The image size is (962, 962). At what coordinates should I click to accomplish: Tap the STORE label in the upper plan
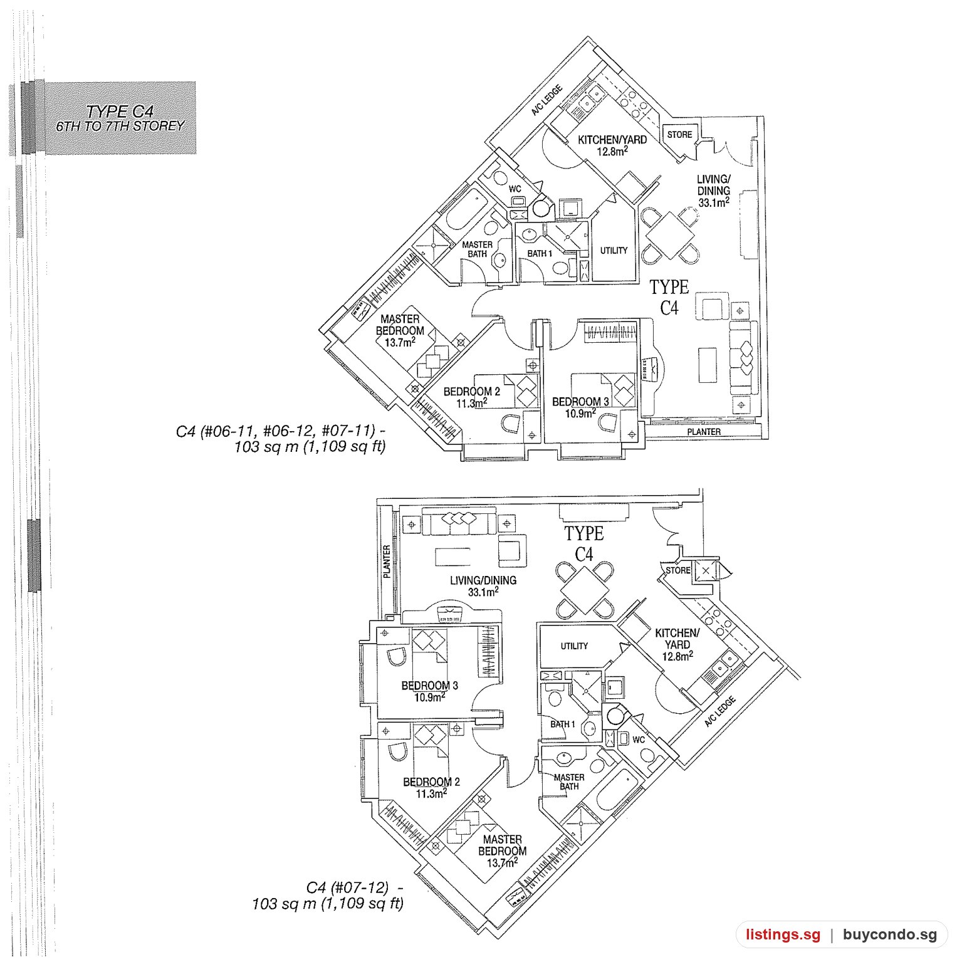[x=679, y=135]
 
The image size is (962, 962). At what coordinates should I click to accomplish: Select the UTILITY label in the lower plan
[x=574, y=646]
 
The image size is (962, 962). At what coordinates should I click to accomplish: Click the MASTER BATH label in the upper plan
[x=477, y=249]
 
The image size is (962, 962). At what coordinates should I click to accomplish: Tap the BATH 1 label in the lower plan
[x=563, y=724]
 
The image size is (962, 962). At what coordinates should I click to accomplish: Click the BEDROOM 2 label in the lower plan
[x=431, y=782]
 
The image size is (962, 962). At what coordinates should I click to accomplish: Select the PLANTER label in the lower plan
[x=387, y=561]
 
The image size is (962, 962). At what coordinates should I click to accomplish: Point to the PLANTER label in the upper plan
[x=704, y=431]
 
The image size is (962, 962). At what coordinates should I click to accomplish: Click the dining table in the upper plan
[x=670, y=236]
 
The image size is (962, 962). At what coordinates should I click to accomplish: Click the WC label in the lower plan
[x=638, y=740]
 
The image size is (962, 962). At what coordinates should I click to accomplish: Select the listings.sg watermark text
[x=783, y=935]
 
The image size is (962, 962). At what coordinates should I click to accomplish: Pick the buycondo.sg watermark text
[x=890, y=935]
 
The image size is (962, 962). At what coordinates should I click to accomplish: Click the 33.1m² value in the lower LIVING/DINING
[x=483, y=591]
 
